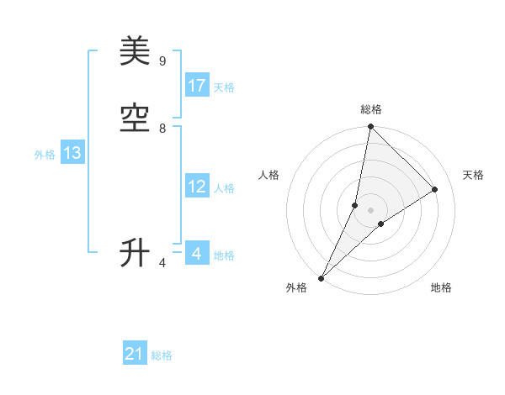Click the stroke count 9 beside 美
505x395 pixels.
tap(162, 61)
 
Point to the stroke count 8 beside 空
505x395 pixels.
tap(162, 129)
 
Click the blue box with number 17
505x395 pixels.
tap(197, 86)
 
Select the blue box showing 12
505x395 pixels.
tap(197, 187)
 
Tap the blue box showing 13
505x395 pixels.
tap(72, 153)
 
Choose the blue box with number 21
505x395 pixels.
tap(135, 354)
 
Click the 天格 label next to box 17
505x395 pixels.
tap(224, 87)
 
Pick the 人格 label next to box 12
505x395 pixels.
tap(224, 188)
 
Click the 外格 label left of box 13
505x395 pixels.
tap(45, 155)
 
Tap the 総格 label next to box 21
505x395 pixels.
tap(162, 355)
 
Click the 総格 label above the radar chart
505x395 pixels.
tap(371, 109)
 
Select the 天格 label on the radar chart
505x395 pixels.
tap(473, 175)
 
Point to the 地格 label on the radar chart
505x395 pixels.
tap(441, 287)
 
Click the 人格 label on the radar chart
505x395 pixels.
tap(268, 175)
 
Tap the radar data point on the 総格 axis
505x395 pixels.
tap(370, 127)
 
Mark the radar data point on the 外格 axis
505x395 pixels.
tap(321, 277)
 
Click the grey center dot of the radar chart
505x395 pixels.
tap(370, 210)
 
